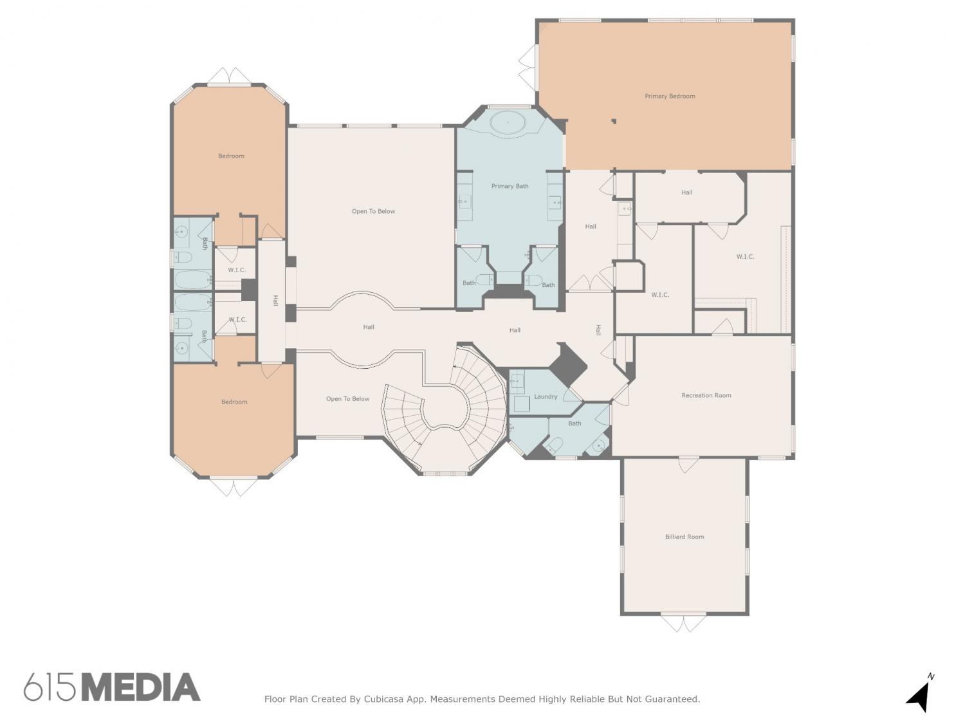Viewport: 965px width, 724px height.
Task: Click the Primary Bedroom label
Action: click(x=670, y=96)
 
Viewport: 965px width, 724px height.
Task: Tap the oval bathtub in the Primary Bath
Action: click(x=508, y=122)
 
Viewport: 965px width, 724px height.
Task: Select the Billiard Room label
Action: click(x=685, y=536)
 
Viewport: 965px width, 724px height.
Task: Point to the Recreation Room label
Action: click(x=706, y=395)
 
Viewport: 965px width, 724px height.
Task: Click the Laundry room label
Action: click(x=546, y=396)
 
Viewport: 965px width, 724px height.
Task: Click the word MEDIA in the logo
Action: click(x=142, y=687)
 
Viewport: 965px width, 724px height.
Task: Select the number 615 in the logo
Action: click(x=50, y=687)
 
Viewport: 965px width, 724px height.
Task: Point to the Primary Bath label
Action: click(x=510, y=186)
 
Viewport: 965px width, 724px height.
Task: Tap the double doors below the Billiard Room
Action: click(x=684, y=622)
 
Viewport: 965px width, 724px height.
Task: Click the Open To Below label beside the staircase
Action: click(x=347, y=399)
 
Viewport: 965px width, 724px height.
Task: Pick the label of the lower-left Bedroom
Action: click(x=234, y=402)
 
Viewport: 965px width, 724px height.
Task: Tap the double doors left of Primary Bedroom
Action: click(x=528, y=68)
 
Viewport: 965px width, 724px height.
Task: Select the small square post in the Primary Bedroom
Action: click(x=614, y=122)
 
